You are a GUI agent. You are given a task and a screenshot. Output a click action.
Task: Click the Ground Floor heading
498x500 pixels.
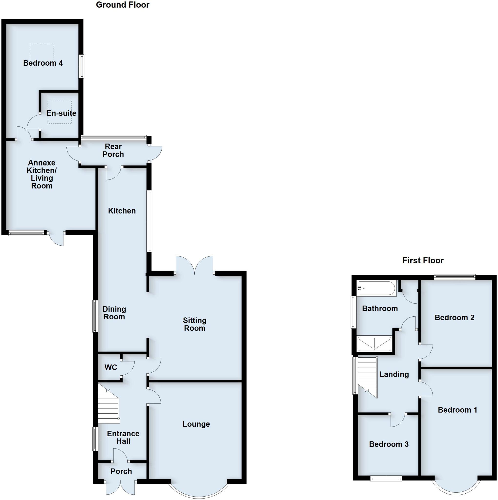click(x=123, y=5)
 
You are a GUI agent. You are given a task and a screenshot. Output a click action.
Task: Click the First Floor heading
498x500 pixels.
click(x=423, y=260)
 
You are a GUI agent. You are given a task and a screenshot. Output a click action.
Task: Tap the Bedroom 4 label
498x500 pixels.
click(x=43, y=63)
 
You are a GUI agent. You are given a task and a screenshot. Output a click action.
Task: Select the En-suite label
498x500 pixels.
click(x=61, y=113)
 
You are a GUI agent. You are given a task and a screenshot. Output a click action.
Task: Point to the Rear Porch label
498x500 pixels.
click(x=113, y=150)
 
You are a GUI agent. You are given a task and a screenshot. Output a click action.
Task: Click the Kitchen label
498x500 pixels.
click(x=122, y=211)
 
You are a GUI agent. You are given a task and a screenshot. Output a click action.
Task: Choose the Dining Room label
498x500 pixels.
click(x=114, y=313)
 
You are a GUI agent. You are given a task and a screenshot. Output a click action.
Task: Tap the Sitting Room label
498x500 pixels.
click(x=195, y=324)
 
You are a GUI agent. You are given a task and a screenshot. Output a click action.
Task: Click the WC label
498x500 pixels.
click(x=111, y=367)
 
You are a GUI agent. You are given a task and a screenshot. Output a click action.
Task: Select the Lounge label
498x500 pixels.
click(x=196, y=424)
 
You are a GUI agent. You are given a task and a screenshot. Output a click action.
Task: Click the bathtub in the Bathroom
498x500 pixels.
click(x=377, y=288)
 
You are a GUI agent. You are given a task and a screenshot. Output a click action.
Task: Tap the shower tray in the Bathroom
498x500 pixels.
click(x=374, y=344)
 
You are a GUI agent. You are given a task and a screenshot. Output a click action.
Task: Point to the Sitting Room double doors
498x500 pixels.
click(x=195, y=265)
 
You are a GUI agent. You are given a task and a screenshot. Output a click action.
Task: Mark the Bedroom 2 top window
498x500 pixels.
click(x=455, y=277)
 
